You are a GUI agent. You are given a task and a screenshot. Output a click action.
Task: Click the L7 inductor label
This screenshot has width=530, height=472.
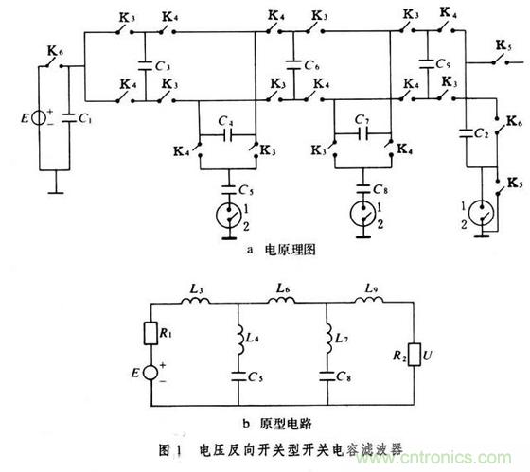click(340, 337)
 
